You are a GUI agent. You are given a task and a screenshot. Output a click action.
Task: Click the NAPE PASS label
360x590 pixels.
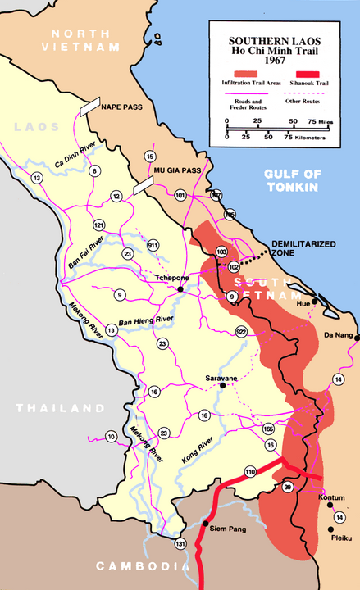122,107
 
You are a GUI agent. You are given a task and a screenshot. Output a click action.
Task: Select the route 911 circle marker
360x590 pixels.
153,245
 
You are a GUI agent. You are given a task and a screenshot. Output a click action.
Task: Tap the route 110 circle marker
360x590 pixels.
250,471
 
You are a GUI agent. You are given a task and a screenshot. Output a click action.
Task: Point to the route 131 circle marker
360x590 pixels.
180,543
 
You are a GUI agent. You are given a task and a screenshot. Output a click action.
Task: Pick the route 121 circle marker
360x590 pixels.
99,225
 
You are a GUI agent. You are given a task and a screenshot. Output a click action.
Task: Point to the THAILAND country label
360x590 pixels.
63,408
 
